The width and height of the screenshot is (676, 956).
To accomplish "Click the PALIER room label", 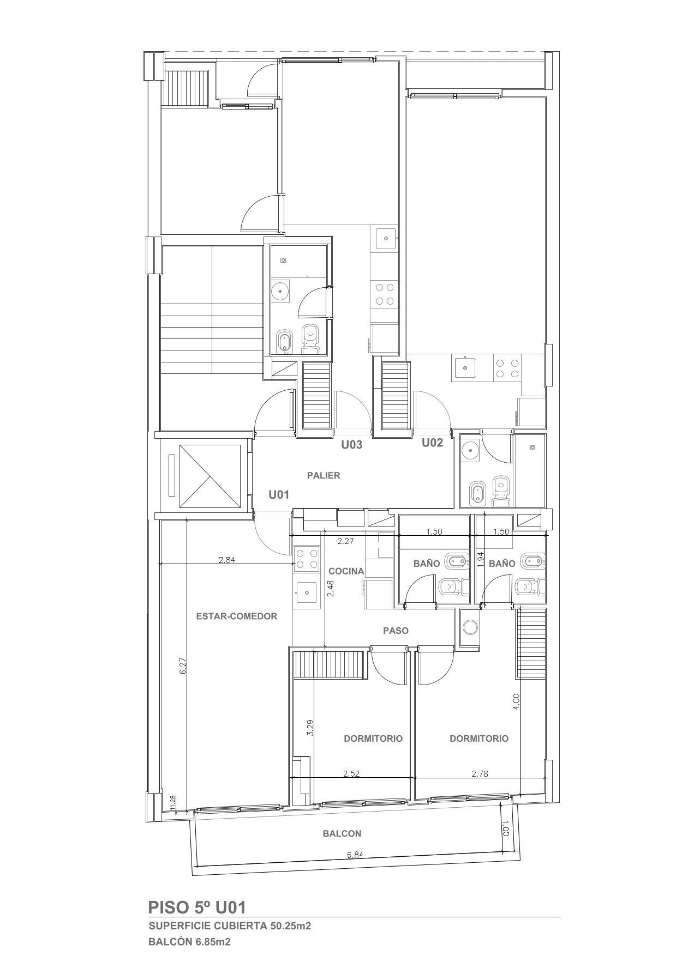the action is click(x=324, y=475).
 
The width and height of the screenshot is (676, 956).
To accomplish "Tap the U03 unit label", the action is click(x=352, y=445).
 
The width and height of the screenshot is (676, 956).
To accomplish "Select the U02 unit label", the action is click(x=432, y=443).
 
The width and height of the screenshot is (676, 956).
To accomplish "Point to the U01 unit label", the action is click(x=278, y=495).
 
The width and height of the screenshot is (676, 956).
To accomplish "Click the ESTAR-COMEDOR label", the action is click(x=236, y=616).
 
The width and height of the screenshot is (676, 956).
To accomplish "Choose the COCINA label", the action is click(x=346, y=571).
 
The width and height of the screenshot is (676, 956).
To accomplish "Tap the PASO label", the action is click(x=396, y=631).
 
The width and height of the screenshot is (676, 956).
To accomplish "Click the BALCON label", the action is click(x=342, y=833).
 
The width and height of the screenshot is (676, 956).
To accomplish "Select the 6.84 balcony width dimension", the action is click(x=355, y=854).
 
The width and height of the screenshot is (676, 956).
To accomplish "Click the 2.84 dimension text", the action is click(x=226, y=559).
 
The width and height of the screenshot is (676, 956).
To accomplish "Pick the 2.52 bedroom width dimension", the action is click(x=351, y=773).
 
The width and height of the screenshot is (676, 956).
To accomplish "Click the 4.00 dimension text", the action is click(x=516, y=700).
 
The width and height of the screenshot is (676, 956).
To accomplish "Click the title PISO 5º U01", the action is click(x=197, y=907).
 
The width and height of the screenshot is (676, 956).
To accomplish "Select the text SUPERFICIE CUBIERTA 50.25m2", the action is click(x=230, y=925).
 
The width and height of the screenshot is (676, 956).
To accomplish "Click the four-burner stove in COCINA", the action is click(x=307, y=559).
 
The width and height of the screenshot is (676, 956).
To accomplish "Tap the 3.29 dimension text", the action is click(x=310, y=728).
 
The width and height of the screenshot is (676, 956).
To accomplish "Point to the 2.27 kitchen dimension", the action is click(x=346, y=541).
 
